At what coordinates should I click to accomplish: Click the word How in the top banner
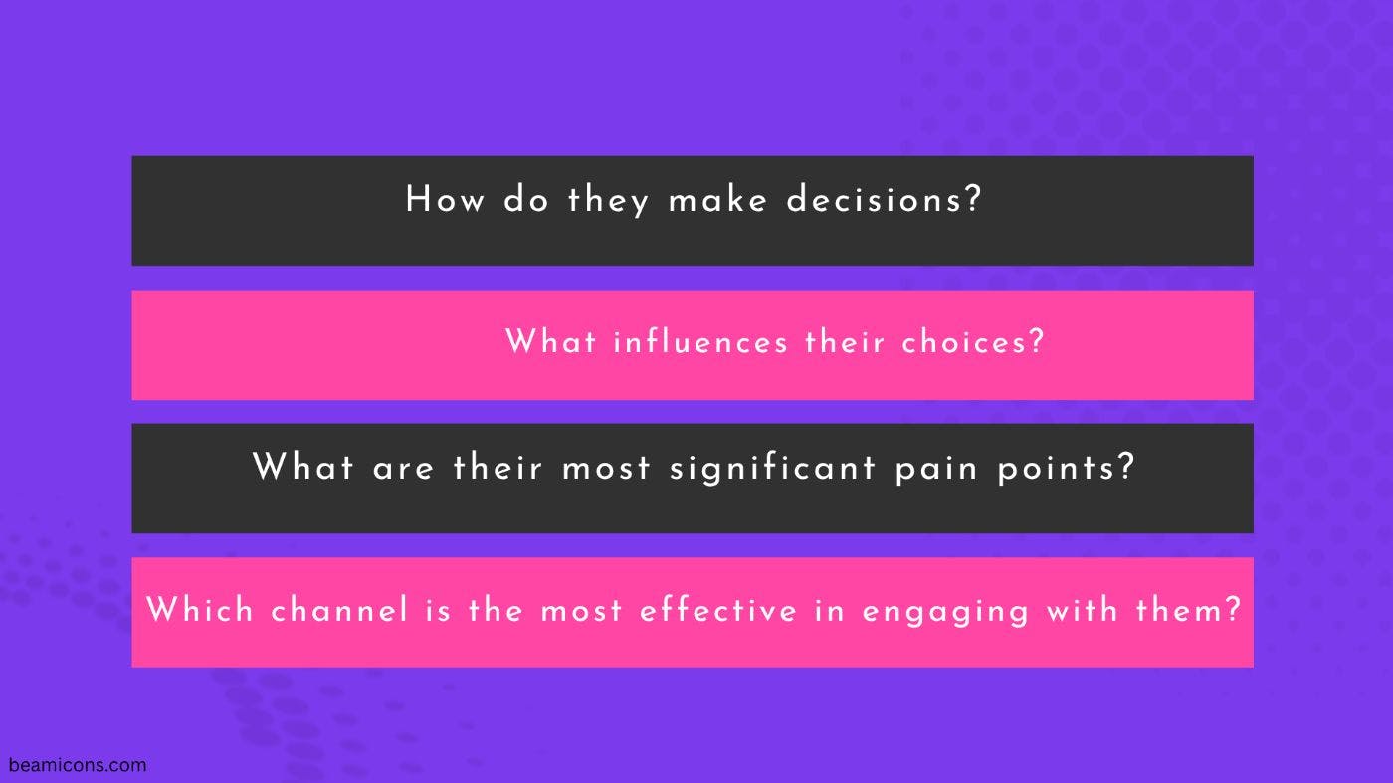coord(445,199)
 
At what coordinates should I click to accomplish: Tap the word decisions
coord(875,199)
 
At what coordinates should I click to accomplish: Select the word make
coord(717,199)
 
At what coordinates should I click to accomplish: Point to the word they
coord(608,200)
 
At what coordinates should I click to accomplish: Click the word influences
coord(700,341)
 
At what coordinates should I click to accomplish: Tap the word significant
coord(772,468)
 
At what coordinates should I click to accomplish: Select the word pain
coord(936,469)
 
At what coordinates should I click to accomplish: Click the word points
coord(1057,469)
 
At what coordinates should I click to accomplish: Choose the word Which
coord(200,608)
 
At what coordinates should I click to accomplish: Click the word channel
coord(339,608)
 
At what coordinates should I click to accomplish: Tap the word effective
coord(718,608)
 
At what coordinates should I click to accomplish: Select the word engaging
coord(945,611)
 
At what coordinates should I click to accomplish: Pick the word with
coord(1083,608)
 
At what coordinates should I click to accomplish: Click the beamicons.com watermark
coord(78,765)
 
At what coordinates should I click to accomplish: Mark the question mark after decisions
coord(973,199)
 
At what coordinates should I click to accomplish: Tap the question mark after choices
coord(1036,341)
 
